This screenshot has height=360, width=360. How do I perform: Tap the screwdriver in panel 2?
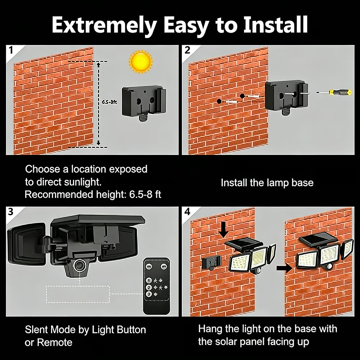coord(334,93)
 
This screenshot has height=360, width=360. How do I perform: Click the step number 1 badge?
coord(11,50)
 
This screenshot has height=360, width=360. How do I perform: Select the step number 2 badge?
coord(187,50)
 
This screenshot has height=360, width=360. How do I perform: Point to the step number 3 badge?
coord(11,212)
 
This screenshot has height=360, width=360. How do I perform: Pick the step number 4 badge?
coord(187,212)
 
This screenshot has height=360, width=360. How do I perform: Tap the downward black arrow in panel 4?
coord(224,229)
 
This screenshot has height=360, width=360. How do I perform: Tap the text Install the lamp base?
coord(267,183)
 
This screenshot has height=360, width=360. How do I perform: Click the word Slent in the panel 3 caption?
coord(37,329)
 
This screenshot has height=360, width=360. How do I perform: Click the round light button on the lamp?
coord(78,266)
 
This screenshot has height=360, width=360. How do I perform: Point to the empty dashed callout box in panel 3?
coord(78,294)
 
